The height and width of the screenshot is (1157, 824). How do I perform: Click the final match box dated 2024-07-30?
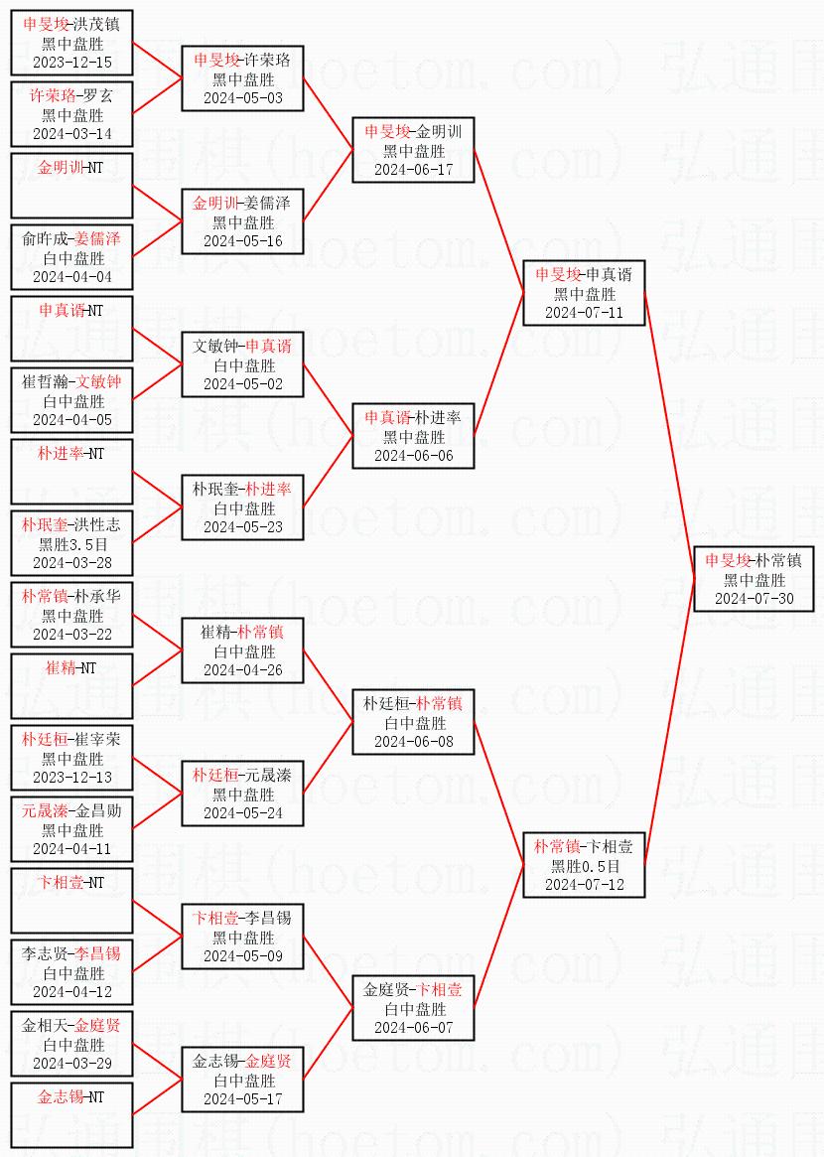coord(754,579)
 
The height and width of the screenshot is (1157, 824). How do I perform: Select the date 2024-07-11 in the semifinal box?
coord(584,312)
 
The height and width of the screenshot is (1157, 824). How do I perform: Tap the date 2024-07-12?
coord(584,884)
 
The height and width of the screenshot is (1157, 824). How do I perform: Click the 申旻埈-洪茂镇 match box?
coord(71,43)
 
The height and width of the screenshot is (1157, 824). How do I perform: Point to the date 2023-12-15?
coord(71,62)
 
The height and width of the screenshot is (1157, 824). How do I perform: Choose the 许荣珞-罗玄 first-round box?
coord(71,114)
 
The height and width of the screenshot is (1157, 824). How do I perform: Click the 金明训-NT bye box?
coord(71,186)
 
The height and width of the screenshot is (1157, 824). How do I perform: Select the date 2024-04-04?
coord(71,276)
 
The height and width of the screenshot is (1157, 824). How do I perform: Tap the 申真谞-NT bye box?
coord(71,329)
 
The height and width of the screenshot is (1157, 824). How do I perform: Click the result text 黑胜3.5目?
coord(71,544)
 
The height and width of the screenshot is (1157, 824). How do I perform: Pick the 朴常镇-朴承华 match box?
coord(71,615)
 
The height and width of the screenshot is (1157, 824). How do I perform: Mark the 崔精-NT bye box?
coord(71,686)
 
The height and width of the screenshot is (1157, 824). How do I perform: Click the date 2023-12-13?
coord(71,777)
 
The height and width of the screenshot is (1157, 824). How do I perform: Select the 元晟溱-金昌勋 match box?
coord(71,829)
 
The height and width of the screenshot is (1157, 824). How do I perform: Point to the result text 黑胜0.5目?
coord(584,866)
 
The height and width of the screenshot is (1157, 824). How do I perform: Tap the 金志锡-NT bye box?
coord(71,1115)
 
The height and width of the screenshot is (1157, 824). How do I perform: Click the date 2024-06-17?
coord(413,169)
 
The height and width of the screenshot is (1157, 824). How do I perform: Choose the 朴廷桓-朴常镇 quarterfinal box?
coord(413,722)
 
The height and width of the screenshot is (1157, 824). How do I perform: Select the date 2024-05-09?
coord(242,955)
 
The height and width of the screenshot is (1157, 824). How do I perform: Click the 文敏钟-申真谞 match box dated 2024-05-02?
coord(242,364)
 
